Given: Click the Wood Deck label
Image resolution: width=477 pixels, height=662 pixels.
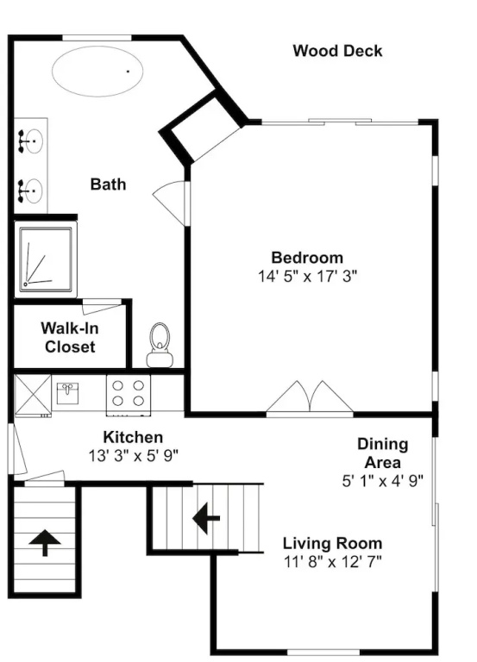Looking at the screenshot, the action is [337, 51].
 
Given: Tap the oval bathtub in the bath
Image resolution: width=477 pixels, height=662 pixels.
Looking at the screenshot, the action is [97, 71].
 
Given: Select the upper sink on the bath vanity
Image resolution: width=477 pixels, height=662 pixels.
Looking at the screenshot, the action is [30, 141].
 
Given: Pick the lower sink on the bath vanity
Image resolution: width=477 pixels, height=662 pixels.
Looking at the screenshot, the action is [30, 190].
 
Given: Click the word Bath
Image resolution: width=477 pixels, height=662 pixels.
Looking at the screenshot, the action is [108, 184].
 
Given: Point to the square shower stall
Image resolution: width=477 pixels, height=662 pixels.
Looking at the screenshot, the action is [46, 259].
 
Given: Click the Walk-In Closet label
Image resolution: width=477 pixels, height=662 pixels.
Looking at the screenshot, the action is [70, 337].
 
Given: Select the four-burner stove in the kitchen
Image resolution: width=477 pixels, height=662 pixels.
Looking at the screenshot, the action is [129, 395].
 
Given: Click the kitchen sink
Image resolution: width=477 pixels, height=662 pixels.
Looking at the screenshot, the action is [67, 393].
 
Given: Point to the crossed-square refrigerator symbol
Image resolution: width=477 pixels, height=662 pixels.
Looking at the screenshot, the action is [33, 393].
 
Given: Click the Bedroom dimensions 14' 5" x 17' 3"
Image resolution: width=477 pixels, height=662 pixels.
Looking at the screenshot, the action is [308, 276].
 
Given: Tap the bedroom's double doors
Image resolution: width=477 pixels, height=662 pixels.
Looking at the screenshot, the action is [310, 397].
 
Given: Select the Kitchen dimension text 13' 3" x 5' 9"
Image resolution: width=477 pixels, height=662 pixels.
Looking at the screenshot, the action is [133, 455].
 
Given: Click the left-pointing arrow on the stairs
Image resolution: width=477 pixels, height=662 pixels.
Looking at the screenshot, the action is [206, 517].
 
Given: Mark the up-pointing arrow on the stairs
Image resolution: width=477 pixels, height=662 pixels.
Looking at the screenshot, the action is [45, 542].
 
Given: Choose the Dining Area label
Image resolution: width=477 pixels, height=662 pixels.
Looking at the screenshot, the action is [383, 453].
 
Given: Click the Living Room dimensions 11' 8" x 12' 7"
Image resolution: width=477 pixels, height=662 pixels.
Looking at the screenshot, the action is [332, 562].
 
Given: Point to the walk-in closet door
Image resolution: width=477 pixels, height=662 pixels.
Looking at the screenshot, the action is [102, 307].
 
